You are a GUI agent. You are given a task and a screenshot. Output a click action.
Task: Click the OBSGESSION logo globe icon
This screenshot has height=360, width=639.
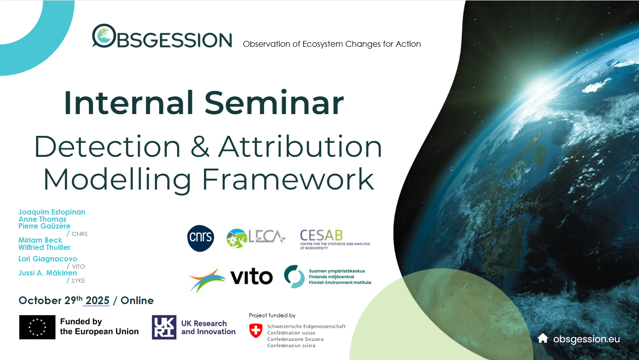point(104,36)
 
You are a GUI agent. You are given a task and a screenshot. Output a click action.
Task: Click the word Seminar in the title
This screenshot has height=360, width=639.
point(274,103)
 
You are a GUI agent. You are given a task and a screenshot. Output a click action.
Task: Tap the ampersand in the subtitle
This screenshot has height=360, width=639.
point(198,147)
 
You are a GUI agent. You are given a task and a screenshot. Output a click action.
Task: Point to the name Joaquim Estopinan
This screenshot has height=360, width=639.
point(52,212)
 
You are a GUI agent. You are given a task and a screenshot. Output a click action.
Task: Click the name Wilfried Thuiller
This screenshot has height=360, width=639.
point(45,248)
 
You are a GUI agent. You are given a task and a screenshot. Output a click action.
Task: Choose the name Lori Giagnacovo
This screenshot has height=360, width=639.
point(48,259)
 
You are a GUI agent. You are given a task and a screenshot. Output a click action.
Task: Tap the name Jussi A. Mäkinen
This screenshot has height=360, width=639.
point(48,273)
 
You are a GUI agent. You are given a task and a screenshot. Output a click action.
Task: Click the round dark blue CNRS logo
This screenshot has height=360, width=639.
point(200,239)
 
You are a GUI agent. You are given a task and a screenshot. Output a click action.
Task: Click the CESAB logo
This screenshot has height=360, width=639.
point(334,239)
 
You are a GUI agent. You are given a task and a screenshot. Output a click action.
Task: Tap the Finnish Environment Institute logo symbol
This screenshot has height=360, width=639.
point(294,276)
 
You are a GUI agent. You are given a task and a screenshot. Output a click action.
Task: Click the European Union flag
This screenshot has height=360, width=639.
point(37,327)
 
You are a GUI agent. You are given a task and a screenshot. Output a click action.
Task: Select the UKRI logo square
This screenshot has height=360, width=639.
point(164,327)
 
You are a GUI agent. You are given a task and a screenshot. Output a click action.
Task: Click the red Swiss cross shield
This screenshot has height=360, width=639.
point(256,330)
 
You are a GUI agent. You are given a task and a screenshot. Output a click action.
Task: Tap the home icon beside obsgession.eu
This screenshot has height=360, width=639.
point(543,339)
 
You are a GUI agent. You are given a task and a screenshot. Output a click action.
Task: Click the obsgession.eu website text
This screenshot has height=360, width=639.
point(586,339)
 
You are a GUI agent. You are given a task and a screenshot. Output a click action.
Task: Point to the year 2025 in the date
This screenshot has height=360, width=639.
point(97,301)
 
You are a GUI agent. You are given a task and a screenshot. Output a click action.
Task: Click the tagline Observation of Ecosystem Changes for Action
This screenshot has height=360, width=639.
point(332,44)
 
